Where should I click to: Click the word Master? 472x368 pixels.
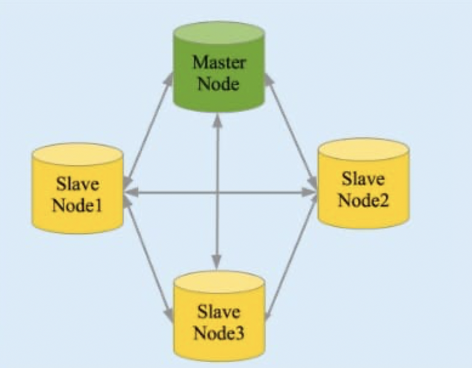coord(218,62)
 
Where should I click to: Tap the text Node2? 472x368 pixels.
coord(363,200)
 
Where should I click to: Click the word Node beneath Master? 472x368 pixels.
coord(218,83)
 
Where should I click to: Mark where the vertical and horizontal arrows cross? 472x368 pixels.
coord(217,193)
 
